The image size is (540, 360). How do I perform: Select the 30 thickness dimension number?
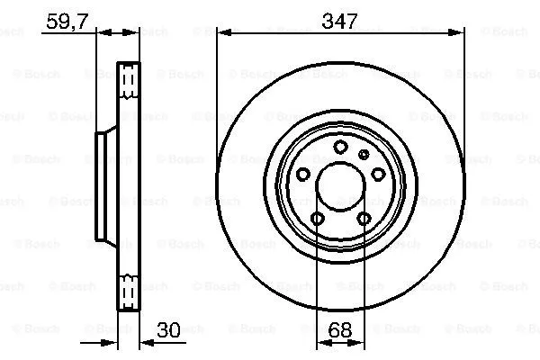(168, 331)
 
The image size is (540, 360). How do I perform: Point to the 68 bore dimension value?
(340, 331)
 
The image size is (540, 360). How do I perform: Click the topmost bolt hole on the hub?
(340, 148)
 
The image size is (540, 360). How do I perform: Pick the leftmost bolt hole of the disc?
(303, 175)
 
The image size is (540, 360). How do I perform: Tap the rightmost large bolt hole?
(378, 175)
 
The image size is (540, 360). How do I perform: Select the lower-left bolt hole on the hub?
(318, 219)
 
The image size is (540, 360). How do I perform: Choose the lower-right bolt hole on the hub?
(364, 219)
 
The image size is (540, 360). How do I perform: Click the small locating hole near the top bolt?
(364, 155)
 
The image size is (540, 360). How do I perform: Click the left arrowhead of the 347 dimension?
(221, 33)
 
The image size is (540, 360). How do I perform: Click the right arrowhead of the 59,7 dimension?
(138, 33)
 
